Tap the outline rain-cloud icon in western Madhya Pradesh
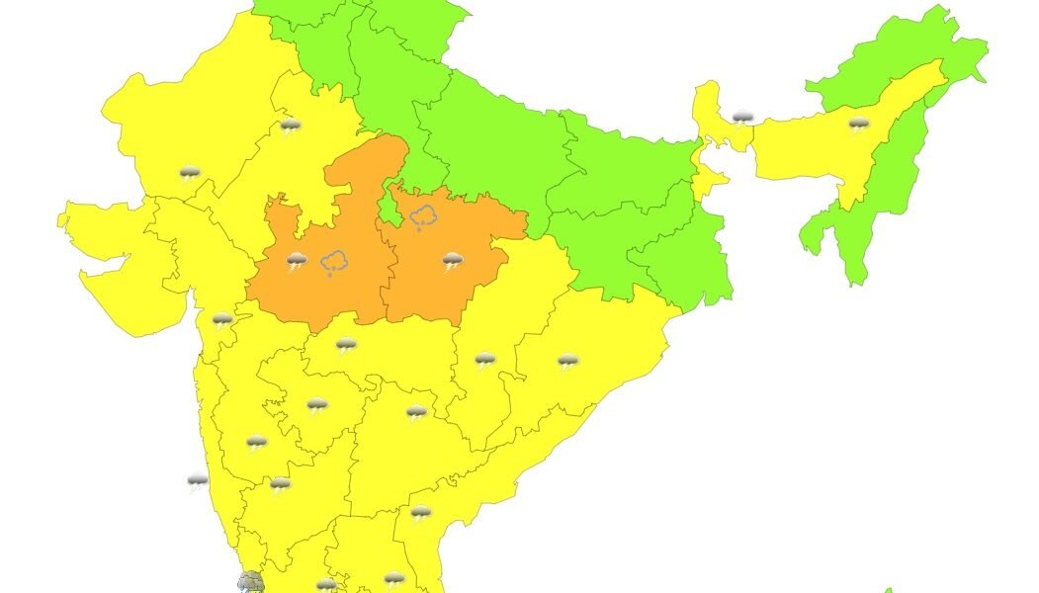335,262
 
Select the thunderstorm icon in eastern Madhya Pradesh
453,261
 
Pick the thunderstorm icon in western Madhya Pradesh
297,261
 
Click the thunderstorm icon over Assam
858,126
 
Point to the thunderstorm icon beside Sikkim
742,119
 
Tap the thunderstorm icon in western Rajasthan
189,174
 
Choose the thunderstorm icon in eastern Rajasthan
290,127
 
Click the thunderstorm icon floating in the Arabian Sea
198,482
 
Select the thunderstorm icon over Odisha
566,362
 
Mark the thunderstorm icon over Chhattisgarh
484,360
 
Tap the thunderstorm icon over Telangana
416,412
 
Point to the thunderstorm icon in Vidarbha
346,345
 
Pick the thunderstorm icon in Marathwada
316,405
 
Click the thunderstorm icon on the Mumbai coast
222,319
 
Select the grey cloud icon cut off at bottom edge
250,583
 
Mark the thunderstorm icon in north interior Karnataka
257,442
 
